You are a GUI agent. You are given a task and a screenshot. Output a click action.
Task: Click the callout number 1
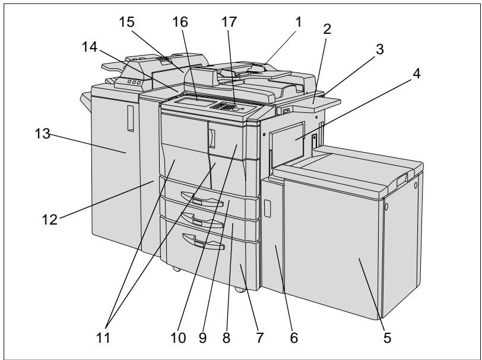tap(299, 22)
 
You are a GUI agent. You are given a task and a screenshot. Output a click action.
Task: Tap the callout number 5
tap(387, 338)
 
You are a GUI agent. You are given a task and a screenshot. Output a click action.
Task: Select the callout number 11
tap(103, 338)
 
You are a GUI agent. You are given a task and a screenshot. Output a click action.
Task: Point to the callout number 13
tap(42, 134)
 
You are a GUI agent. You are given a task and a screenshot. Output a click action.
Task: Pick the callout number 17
tap(229, 22)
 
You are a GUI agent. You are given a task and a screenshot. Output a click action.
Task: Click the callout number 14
tap(90, 47)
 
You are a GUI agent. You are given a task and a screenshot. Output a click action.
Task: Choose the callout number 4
tap(416, 74)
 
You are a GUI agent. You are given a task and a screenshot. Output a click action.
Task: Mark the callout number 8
tap(226, 338)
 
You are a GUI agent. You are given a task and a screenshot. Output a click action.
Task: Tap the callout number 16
tap(180, 22)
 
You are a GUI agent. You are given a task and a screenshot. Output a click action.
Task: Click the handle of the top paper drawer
tap(202, 199)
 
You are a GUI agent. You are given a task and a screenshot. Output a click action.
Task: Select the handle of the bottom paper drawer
tap(204, 242)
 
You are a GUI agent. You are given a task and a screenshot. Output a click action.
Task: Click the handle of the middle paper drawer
tap(202, 220)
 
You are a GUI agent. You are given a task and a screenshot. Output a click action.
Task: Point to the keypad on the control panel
tap(226, 106)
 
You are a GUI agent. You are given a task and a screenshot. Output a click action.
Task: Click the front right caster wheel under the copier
tap(240, 289)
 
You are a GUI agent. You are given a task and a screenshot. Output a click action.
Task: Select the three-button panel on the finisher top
tap(134, 82)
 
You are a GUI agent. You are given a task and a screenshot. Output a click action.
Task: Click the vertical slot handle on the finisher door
tap(131, 118)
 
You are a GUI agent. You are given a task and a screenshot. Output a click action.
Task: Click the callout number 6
tap(294, 338)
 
